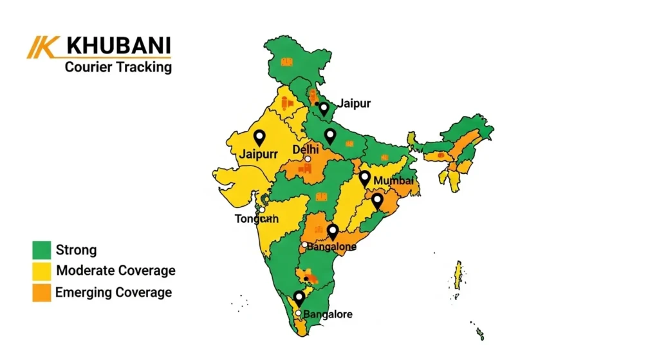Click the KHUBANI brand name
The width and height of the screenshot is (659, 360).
(x=119, y=46)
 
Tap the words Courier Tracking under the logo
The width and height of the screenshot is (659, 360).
(x=118, y=66)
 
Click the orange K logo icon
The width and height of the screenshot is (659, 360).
(x=44, y=47)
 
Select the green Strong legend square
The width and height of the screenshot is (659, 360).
(x=41, y=250)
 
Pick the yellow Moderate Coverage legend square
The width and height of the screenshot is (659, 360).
(x=41, y=271)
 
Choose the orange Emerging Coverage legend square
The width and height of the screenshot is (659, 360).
(x=41, y=292)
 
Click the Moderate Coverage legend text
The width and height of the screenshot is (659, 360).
(x=116, y=270)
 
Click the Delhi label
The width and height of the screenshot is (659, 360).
(x=306, y=149)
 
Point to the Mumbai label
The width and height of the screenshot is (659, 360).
(x=393, y=181)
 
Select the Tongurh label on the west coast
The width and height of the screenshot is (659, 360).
(x=256, y=219)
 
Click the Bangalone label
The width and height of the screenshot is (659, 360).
(x=331, y=247)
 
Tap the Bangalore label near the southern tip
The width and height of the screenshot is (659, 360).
(x=328, y=314)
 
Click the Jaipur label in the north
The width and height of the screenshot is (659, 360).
(x=355, y=103)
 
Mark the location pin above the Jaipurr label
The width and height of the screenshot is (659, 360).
(x=259, y=137)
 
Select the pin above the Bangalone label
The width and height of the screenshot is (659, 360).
(x=333, y=231)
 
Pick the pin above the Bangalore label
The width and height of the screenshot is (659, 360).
(x=299, y=298)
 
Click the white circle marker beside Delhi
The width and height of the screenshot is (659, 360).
(x=308, y=159)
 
